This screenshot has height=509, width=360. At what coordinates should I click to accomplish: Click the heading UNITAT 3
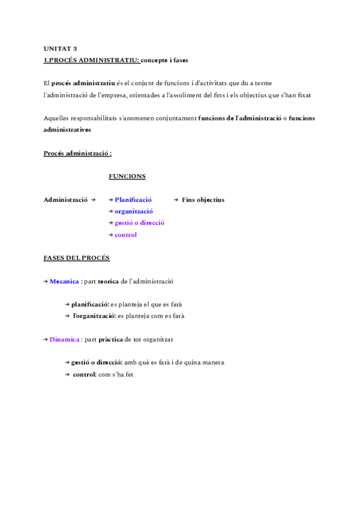60,49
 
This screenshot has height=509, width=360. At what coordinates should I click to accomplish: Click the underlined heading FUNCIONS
127,176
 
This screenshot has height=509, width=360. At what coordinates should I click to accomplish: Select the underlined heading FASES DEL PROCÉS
76,258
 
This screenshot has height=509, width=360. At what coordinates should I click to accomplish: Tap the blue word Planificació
133,200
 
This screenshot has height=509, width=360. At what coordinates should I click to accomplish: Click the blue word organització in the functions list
134,211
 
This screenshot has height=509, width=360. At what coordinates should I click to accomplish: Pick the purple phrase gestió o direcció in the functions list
139,223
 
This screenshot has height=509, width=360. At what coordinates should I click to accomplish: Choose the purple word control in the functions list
125,235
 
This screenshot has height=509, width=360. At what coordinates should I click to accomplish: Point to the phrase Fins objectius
203,200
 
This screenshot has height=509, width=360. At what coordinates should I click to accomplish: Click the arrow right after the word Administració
93,200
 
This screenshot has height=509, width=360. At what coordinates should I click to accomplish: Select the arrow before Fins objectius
176,200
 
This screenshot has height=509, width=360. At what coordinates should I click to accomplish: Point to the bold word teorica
108,281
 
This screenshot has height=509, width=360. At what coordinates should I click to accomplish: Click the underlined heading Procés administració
77,153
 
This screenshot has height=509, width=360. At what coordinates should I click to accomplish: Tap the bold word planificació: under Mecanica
90,304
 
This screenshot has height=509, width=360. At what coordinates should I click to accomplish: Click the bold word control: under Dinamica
85,375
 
